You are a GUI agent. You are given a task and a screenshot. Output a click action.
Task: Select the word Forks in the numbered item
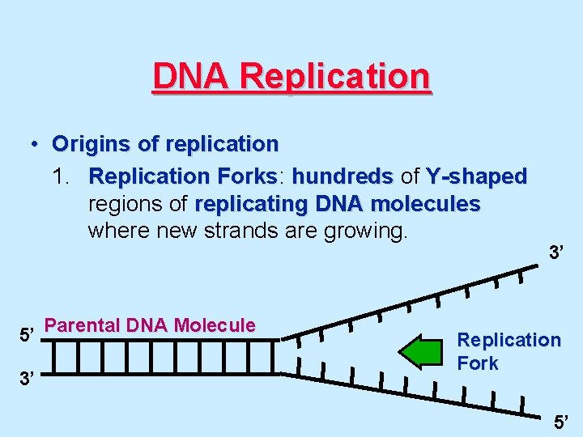pyautogui.click(x=248, y=176)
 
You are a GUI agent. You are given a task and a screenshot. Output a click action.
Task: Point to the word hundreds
pyautogui.click(x=343, y=176)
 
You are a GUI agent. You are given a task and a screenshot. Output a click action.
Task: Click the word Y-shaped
pyautogui.click(x=477, y=176)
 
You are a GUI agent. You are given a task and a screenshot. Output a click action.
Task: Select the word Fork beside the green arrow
pyautogui.click(x=478, y=363)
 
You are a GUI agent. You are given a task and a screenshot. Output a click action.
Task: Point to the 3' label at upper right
pyautogui.click(x=556, y=253)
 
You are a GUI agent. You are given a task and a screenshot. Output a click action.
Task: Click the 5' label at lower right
pyautogui.click(x=562, y=421)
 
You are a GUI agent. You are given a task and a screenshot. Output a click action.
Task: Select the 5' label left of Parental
pyautogui.click(x=28, y=332)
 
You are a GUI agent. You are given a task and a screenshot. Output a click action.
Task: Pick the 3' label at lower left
pyautogui.click(x=28, y=377)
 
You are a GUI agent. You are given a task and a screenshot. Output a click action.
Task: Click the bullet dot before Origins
pyautogui.click(x=36, y=145)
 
